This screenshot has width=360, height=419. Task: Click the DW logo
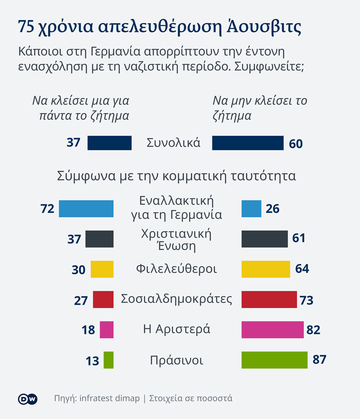[x=27, y=399]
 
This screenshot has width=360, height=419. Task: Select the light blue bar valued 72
[x=86, y=209]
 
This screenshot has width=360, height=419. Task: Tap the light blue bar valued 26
[x=251, y=209]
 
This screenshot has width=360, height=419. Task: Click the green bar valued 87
[x=274, y=360]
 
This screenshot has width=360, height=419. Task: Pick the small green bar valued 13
[x=108, y=360]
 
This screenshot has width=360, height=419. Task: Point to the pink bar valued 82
[x=272, y=330]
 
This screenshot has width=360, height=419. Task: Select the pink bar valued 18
[x=106, y=330]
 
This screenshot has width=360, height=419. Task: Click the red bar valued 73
[x=269, y=300]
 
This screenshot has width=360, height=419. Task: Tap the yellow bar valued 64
[x=265, y=269]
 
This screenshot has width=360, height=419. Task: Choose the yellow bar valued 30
[x=102, y=269]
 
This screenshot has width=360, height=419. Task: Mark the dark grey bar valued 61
[x=264, y=239]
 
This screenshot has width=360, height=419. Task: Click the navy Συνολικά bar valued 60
[x=248, y=143]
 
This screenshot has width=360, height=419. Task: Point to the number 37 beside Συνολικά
[x=74, y=143]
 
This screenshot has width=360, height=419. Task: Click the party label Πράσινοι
[x=176, y=360]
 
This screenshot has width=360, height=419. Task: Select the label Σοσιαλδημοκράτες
[x=176, y=299]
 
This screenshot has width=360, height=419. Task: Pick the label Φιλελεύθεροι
[x=176, y=269]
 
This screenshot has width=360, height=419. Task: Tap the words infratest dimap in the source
[x=109, y=399]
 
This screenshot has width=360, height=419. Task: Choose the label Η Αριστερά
[x=176, y=329]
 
